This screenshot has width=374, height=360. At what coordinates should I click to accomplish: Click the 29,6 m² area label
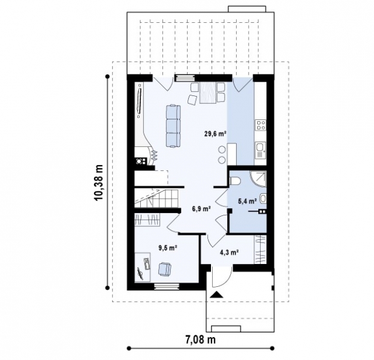[x=215, y=134]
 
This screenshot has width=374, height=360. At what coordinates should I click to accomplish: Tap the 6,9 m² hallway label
[x=201, y=209]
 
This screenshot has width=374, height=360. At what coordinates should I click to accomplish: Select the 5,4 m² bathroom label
[x=248, y=201]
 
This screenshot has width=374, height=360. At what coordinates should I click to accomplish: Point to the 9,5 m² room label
[x=168, y=248]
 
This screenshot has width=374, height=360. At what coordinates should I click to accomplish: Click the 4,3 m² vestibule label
[x=230, y=252]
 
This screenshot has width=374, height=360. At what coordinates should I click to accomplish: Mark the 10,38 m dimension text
[x=98, y=182]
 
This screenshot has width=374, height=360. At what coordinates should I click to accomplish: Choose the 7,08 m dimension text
[x=200, y=339]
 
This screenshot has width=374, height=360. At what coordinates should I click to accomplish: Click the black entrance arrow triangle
[x=216, y=295]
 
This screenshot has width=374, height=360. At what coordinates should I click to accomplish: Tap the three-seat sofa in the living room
[x=173, y=126]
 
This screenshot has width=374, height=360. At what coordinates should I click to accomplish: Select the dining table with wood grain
[x=208, y=93]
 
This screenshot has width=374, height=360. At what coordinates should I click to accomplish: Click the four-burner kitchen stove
[x=260, y=125]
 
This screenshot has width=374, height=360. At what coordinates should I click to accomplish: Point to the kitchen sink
[x=260, y=150]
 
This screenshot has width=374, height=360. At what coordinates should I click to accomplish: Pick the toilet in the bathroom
[x=235, y=181]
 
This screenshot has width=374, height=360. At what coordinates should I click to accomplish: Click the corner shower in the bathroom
[x=258, y=179]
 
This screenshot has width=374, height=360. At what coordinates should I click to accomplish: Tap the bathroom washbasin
[x=263, y=198]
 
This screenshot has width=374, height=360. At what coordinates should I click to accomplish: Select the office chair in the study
[x=164, y=269]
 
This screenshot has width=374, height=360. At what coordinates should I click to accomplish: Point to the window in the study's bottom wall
[x=167, y=286]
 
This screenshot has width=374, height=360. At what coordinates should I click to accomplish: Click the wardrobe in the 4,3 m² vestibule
[x=261, y=249]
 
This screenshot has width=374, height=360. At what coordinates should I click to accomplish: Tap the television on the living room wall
[x=139, y=101]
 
